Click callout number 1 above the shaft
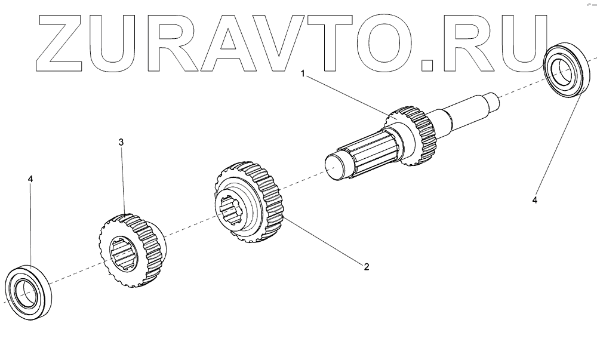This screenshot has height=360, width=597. coord(303,74)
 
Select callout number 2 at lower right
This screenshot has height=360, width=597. coord(366,266)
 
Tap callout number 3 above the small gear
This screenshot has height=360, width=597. coord(121,142)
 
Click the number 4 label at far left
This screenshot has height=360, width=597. coord(31,179)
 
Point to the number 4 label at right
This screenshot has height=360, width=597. coord(535,201)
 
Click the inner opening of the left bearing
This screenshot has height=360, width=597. coord(25,291)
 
